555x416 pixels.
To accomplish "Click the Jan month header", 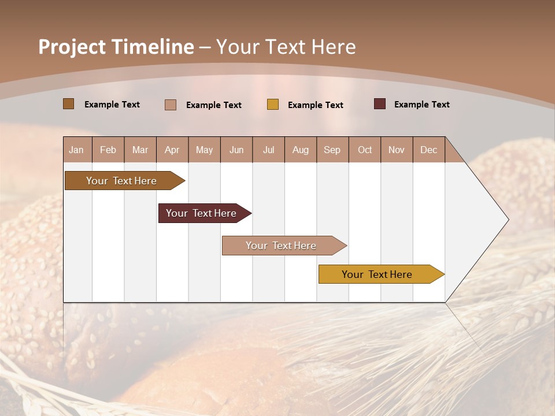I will [x=77, y=150].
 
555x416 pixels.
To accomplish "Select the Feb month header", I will [x=108, y=150].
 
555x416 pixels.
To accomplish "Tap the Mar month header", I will [x=140, y=150].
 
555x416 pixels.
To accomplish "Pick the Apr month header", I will [x=172, y=150].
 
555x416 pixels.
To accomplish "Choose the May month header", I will [x=204, y=150].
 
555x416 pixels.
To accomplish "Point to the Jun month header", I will [x=236, y=150].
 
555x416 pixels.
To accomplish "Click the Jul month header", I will [x=268, y=150].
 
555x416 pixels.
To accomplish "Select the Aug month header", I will [x=301, y=150].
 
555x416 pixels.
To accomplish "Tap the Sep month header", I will [x=332, y=150].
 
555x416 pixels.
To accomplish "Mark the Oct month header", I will [x=365, y=150].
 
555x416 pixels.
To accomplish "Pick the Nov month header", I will [x=397, y=150].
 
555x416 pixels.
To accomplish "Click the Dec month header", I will [x=428, y=150].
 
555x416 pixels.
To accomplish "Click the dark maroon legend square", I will [x=379, y=104].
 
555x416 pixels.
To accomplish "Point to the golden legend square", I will [x=273, y=105].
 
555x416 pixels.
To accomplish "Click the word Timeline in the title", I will [x=153, y=47].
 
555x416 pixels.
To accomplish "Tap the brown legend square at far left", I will [x=69, y=104].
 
